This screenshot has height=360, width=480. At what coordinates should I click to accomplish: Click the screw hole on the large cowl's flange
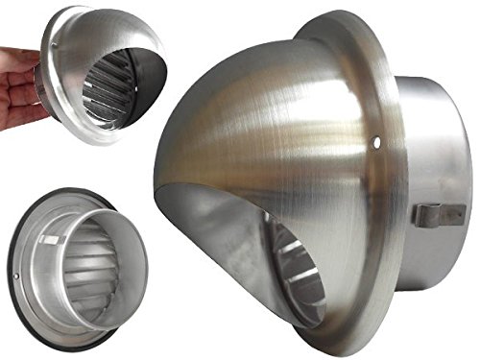click(375, 147)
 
